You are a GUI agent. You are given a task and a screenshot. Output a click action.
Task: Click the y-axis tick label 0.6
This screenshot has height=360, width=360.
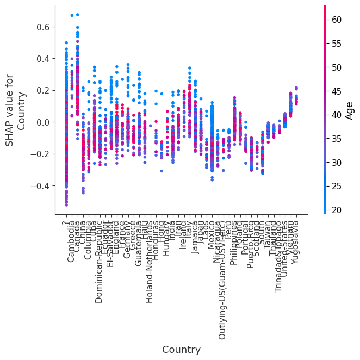point(43,27)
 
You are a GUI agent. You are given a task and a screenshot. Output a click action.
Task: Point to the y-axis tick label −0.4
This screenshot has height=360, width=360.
point(41,186)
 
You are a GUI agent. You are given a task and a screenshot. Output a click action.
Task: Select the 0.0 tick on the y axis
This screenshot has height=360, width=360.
point(43,122)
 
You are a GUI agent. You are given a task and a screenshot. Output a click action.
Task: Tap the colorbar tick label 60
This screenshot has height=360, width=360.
point(337,20)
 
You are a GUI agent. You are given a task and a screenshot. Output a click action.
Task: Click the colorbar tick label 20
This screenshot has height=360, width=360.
point(337,210)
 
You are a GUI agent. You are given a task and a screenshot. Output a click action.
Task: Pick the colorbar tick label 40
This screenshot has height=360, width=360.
point(337,115)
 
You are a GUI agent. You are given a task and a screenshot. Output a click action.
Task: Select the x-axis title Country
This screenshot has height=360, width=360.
point(181,350)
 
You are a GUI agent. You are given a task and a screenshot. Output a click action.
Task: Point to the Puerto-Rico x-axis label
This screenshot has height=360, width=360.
point(251,244)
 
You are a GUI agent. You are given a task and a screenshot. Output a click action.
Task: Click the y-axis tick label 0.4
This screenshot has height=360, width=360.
point(43,59)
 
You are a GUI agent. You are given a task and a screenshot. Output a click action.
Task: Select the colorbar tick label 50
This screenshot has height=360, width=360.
point(337,67)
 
